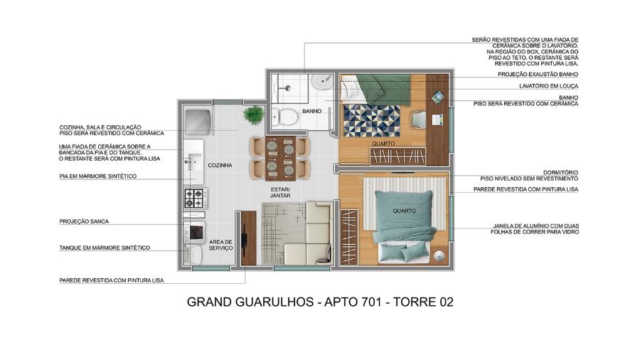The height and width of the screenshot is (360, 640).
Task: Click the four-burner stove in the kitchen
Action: click(195, 197)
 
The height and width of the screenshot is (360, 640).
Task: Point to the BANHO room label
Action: click(311, 112)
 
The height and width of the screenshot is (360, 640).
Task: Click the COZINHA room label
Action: click(220, 165)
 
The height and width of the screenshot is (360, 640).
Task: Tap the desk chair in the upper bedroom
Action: click(419, 120)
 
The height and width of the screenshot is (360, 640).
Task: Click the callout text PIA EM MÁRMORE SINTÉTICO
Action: click(97, 176)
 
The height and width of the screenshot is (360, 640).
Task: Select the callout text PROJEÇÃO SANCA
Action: click(84, 221)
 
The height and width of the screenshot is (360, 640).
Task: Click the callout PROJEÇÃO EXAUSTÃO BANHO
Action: click(538, 74)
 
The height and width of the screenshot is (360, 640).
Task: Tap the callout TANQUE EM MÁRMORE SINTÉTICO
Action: click(105, 248)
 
